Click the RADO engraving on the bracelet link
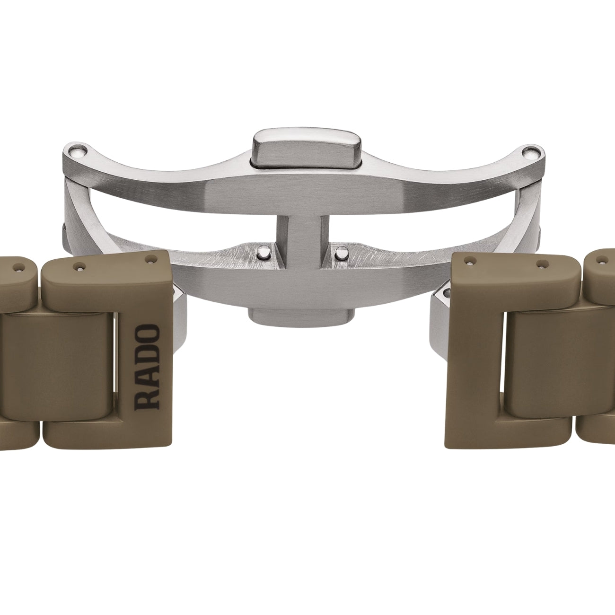tap(147, 367)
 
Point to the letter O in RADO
tap(147, 334)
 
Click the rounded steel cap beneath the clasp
tap(302, 316)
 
